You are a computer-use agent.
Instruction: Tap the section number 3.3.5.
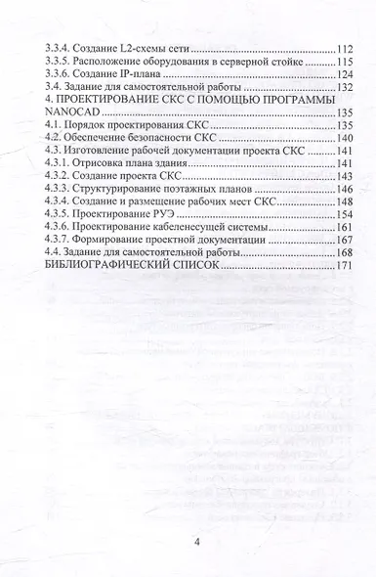47,62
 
